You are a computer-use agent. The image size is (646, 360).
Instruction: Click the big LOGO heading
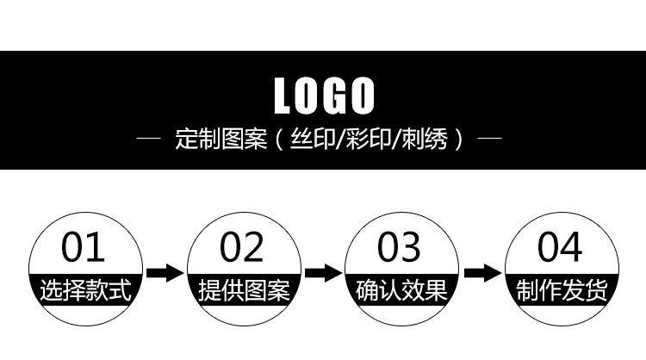[324, 96]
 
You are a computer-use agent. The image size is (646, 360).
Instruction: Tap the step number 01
[84, 248]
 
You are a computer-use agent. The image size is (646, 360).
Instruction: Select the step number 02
[242, 248]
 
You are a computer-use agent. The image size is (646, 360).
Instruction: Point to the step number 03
[400, 248]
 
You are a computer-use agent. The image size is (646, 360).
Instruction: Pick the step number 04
[560, 248]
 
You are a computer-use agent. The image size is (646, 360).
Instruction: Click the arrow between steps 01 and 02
[164, 273]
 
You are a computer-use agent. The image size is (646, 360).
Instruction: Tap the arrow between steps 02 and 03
[322, 273]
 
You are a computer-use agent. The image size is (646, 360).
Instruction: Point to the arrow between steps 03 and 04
[481, 273]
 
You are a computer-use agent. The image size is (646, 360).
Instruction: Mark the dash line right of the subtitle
[490, 138]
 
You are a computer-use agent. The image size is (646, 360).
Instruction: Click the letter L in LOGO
[283, 96]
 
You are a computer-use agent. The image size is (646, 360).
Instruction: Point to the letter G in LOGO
[337, 96]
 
